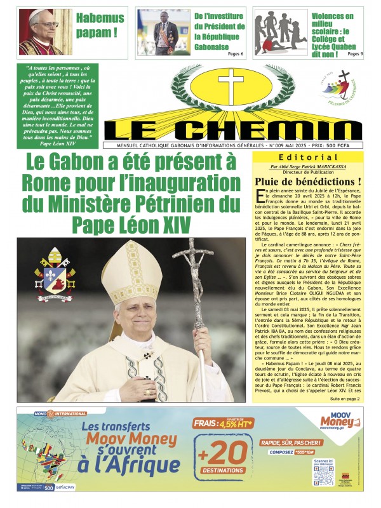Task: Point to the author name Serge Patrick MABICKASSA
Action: tap(317, 166)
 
